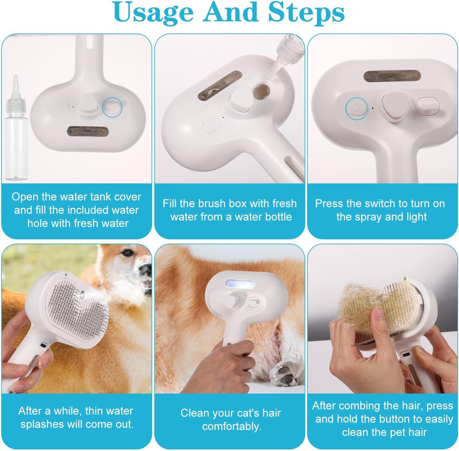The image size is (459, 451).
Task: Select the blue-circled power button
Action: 357,108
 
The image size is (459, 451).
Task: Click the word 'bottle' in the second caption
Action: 276,217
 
